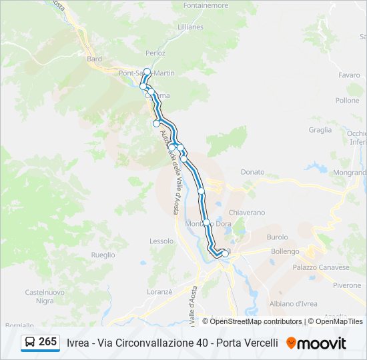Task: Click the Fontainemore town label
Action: [x=206, y=5]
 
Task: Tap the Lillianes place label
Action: [x=190, y=27]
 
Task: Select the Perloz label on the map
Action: [x=155, y=53]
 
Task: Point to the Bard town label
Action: [x=94, y=59]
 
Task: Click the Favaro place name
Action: [x=349, y=75]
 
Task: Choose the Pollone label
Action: [x=347, y=101]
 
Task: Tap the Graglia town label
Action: [x=320, y=130]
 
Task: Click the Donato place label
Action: [x=252, y=171]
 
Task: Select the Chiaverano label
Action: [x=247, y=212]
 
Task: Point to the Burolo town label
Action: [x=277, y=237]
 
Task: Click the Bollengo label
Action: [x=285, y=251]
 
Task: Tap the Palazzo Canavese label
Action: [x=320, y=267]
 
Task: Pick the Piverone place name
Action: [x=347, y=285]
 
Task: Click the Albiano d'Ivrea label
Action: [x=293, y=304]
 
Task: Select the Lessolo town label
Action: [x=161, y=241]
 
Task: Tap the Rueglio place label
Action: [x=103, y=255]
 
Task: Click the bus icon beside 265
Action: [x=30, y=342]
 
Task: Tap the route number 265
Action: [x=48, y=341]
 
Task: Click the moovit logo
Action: [x=316, y=343]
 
